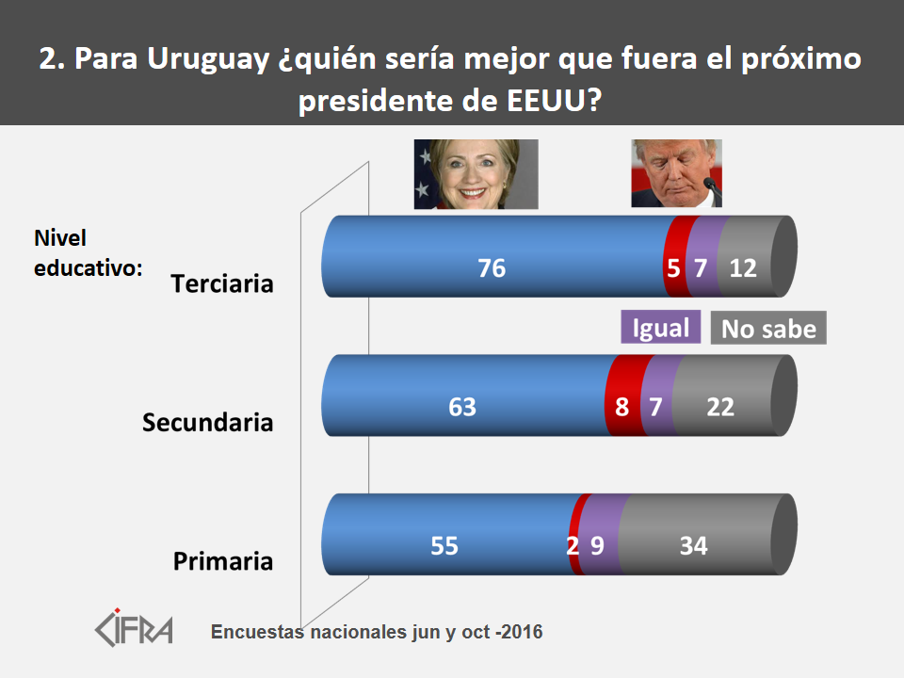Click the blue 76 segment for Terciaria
coord(492,268)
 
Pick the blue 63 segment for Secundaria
coord(462,408)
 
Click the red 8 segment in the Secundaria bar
coord(622,408)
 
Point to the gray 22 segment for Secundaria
coord(720,408)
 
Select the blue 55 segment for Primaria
coord(444,546)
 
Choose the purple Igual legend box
coord(661,327)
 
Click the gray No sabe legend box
coord(767,329)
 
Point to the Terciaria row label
coord(222,283)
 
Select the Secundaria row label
coord(207,423)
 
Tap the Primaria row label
coord(223,562)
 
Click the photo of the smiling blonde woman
coord(476,174)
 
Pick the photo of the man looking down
coord(676,173)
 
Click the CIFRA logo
coord(135,626)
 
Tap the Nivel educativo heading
coord(88,252)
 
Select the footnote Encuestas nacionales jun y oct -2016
coord(377,632)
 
